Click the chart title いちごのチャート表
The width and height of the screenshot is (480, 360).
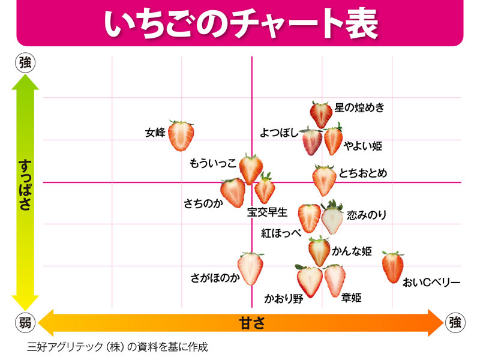(x=240, y=23)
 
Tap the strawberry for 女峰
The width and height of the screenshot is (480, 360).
(x=181, y=136)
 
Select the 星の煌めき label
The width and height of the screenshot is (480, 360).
(x=359, y=108)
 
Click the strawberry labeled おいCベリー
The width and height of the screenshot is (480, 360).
(x=393, y=267)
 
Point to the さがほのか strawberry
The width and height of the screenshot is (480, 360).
(x=250, y=269)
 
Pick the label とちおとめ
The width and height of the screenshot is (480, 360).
(x=362, y=173)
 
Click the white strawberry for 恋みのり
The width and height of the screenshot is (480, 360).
(x=332, y=218)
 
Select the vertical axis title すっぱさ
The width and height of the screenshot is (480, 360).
(x=25, y=184)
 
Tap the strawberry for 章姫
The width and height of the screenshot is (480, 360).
(x=335, y=279)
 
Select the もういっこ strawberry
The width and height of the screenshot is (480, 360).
(x=251, y=168)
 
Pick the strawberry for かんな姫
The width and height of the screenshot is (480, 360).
(x=319, y=250)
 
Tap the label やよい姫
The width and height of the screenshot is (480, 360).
(x=363, y=146)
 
